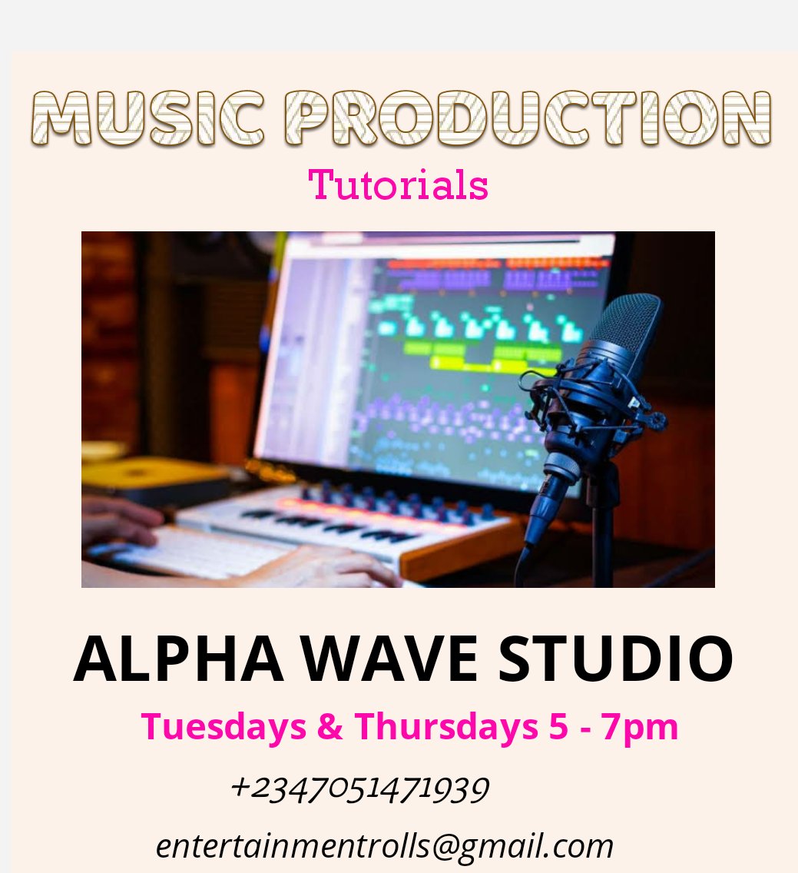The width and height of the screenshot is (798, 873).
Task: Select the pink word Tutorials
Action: (398, 185)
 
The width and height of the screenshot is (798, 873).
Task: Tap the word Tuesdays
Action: (224, 726)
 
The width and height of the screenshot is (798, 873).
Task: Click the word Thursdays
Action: (445, 726)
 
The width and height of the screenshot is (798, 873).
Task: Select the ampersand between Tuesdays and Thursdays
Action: (329, 727)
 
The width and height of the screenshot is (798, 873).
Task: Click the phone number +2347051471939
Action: (359, 789)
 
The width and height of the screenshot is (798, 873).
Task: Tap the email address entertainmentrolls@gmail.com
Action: (385, 846)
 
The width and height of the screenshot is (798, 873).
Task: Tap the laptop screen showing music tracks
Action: (430, 354)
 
